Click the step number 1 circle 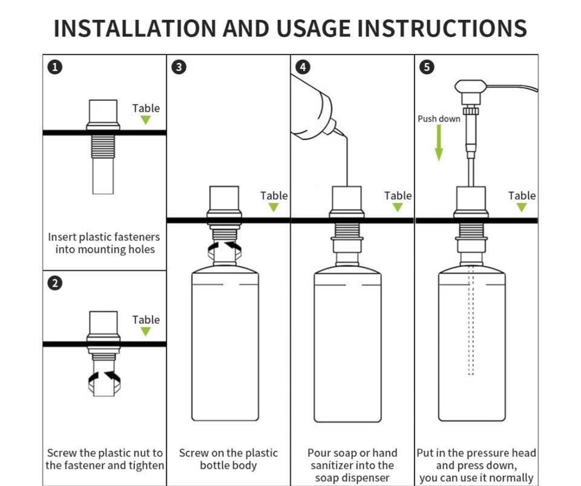point(54,67)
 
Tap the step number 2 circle point(54,283)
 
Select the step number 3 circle point(179,67)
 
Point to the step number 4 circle point(303,67)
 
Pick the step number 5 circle point(427,67)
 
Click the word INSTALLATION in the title point(134,28)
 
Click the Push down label point(439,119)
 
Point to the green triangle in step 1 point(146,120)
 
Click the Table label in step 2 point(146,320)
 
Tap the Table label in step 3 point(274,195)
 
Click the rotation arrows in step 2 point(103,379)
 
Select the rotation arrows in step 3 point(225,249)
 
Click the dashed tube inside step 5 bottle point(471,321)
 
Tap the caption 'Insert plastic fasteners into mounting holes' point(104,243)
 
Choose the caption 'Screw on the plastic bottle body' point(228,459)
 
